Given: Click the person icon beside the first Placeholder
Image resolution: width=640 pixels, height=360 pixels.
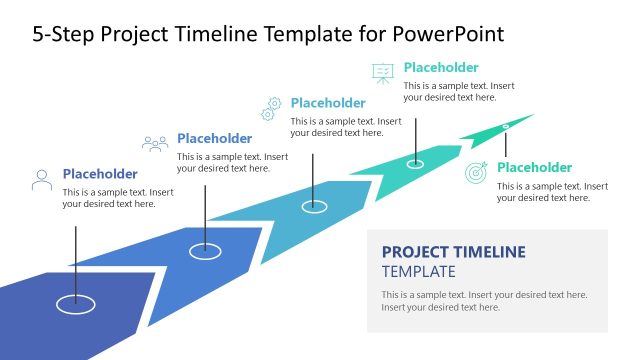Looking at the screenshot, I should click(42, 180).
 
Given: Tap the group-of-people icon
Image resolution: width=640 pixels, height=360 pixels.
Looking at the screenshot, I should click(155, 144).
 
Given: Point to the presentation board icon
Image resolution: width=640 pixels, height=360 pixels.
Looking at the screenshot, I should click(383, 72).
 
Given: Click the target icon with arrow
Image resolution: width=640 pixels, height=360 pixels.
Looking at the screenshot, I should click(477, 172).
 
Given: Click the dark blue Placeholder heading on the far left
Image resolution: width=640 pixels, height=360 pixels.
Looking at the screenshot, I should click(100, 174).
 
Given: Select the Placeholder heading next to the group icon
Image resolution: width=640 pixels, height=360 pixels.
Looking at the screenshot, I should click(214, 139).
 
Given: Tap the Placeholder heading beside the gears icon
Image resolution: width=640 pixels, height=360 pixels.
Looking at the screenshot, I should click(328, 103).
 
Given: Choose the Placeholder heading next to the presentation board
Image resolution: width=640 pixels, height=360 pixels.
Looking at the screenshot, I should click(441, 68).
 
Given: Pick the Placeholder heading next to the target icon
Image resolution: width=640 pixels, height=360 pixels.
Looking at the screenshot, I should click(534, 168).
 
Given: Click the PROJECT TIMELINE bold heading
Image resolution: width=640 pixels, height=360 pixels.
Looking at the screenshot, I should click(453, 252).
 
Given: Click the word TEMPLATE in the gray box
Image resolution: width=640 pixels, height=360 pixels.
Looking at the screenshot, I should click(418, 271).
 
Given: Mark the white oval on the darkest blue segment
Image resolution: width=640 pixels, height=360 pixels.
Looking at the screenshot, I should click(75, 301).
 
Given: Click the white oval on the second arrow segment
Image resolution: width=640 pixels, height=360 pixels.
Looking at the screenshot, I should click(205, 251).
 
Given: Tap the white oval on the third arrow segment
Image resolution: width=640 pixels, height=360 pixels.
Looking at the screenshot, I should click(314, 206).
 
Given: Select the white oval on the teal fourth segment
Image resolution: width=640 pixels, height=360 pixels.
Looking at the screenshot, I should click(415, 163).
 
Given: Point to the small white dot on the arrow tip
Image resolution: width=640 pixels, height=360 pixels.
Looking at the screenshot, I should click(506, 126).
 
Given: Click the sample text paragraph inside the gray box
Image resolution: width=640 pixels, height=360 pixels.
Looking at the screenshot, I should click(484, 301).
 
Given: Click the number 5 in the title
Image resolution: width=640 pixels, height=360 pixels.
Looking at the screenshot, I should click(38, 34).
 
